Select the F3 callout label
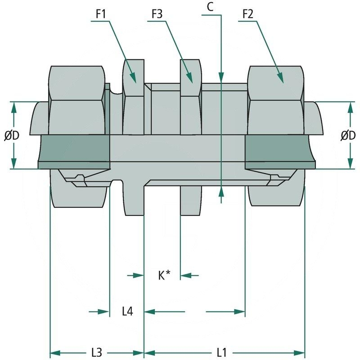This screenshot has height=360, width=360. pos(157,14)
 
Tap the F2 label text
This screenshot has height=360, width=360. pos(247,14)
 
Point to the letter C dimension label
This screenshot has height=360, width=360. pos(210,6)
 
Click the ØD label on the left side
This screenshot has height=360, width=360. pos(12,135)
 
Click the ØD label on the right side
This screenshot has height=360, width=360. pos(348,135)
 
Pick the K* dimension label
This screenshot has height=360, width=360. pos(164,275)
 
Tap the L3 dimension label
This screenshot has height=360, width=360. pos(96,352)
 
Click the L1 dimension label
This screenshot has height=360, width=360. pos(222,352)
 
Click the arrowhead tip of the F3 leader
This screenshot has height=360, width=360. pos(193,82)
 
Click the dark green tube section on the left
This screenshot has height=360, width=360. pos(75,151)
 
